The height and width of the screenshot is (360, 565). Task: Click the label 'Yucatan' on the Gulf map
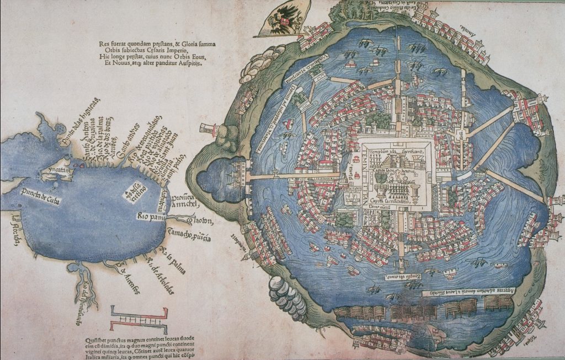[61, 173]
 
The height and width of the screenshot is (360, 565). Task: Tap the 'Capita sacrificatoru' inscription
[397, 202]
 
